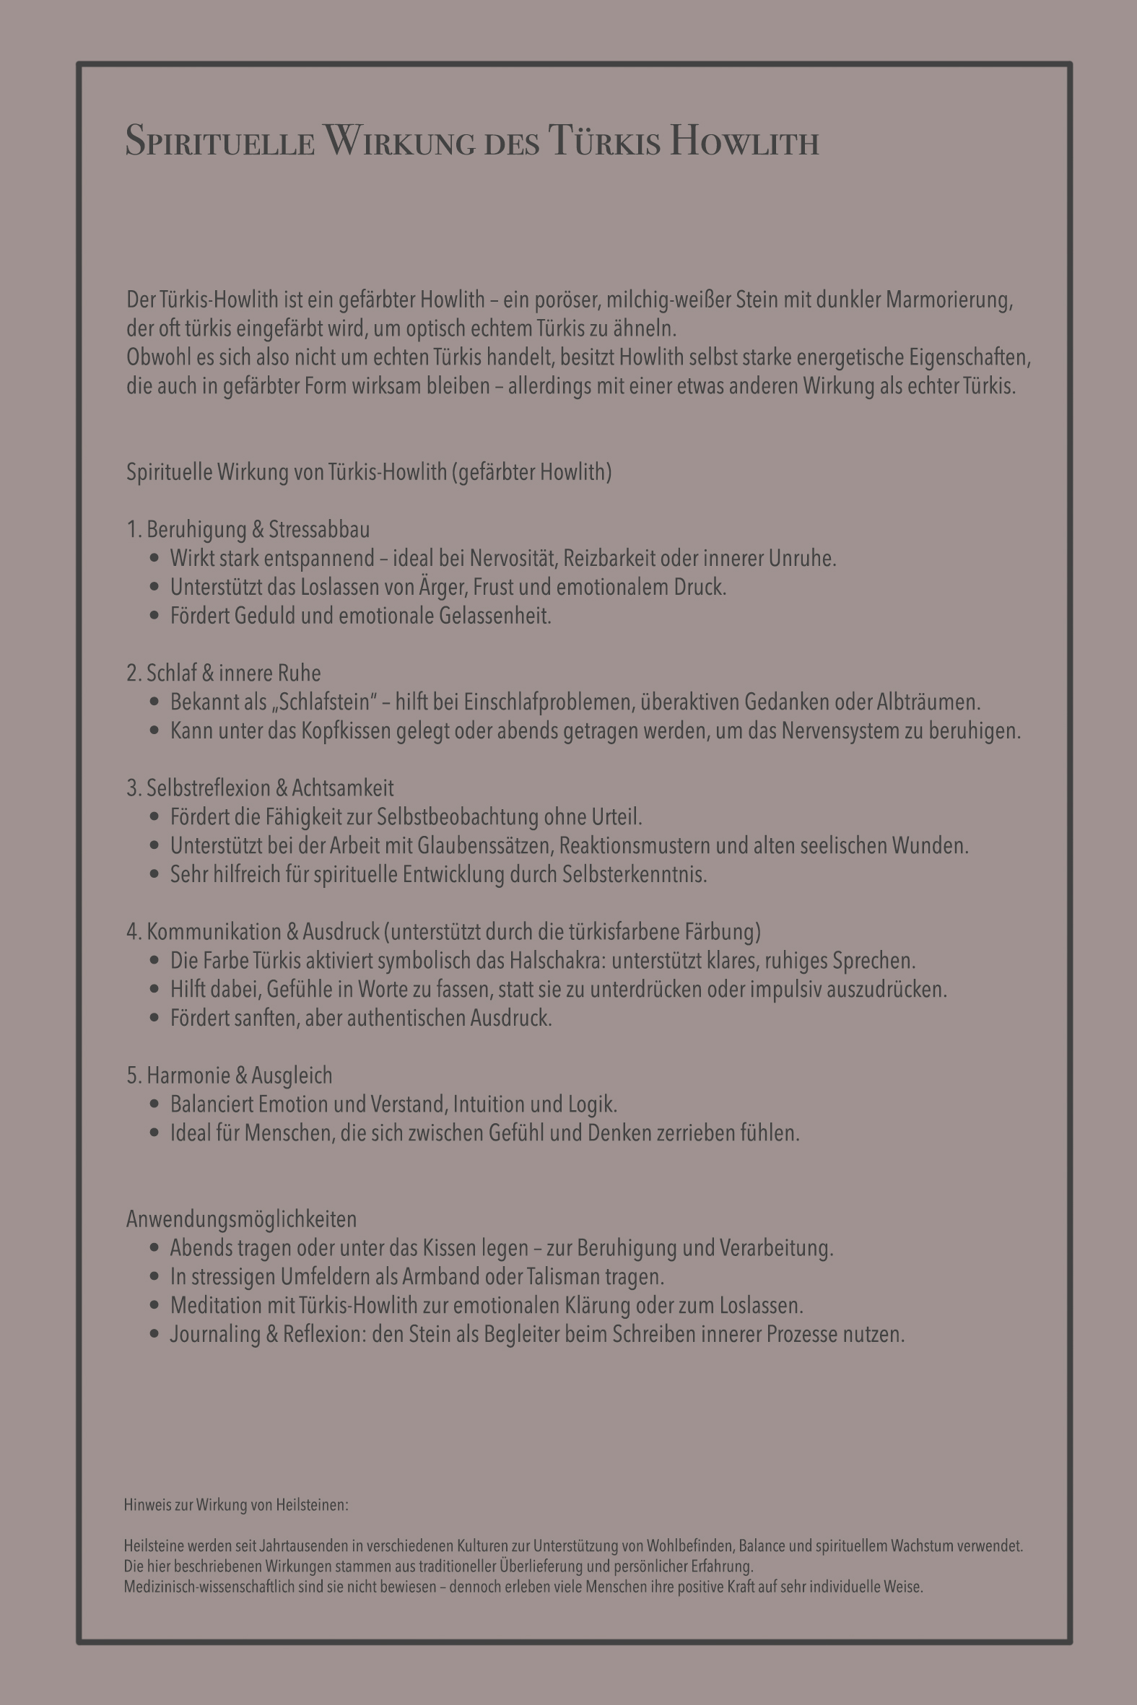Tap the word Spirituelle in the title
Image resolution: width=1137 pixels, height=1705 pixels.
click(x=219, y=141)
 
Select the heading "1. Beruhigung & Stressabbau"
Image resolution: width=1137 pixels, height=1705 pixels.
click(x=248, y=530)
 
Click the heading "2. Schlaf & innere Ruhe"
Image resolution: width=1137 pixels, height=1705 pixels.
click(x=223, y=673)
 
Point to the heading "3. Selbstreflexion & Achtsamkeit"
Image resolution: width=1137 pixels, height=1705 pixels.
click(x=261, y=788)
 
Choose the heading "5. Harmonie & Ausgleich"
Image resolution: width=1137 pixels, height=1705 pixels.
click(x=229, y=1075)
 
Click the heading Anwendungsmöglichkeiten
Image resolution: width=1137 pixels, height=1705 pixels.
click(x=241, y=1219)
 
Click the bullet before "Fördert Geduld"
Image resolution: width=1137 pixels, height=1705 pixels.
click(x=153, y=616)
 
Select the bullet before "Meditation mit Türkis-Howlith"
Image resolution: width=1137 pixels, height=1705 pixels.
click(x=153, y=1306)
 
